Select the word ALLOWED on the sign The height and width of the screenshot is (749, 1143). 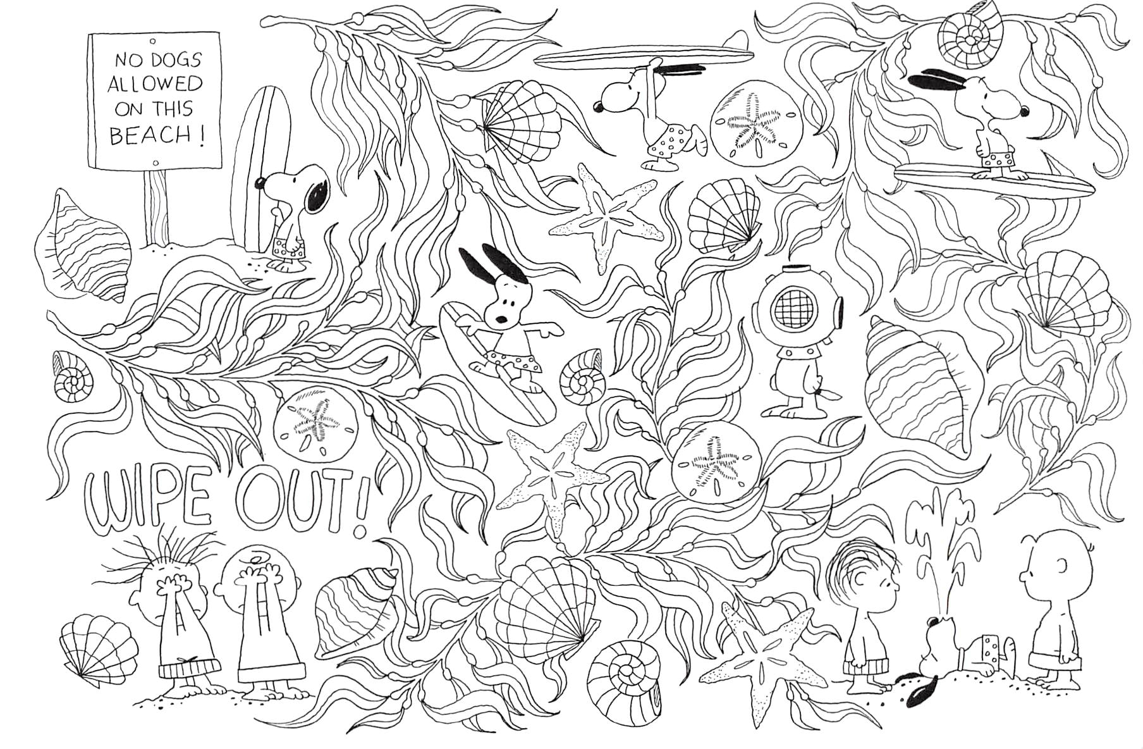click(155, 84)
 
